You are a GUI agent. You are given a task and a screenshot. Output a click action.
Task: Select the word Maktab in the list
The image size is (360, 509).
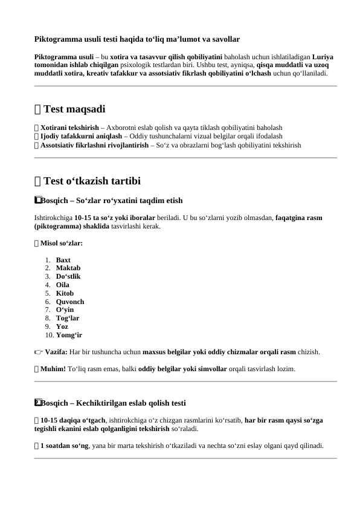click(x=68, y=268)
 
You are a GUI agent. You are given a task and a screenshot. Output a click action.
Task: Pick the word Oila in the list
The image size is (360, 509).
click(x=63, y=285)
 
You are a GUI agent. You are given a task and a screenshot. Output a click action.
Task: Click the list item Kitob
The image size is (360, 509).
click(x=65, y=293)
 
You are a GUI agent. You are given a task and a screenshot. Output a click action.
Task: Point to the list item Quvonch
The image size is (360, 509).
click(x=70, y=302)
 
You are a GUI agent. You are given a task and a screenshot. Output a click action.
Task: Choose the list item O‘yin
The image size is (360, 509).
click(x=65, y=310)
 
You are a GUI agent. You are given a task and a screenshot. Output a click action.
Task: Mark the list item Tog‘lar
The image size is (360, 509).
click(x=68, y=318)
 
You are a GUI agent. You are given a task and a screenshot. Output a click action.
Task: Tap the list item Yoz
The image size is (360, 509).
click(x=62, y=326)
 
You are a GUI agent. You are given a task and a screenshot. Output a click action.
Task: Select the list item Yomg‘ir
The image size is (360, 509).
click(x=69, y=335)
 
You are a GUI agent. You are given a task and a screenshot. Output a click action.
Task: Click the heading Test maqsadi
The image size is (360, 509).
click(x=74, y=109)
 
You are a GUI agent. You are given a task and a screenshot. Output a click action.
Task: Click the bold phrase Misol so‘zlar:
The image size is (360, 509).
click(x=62, y=243)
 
